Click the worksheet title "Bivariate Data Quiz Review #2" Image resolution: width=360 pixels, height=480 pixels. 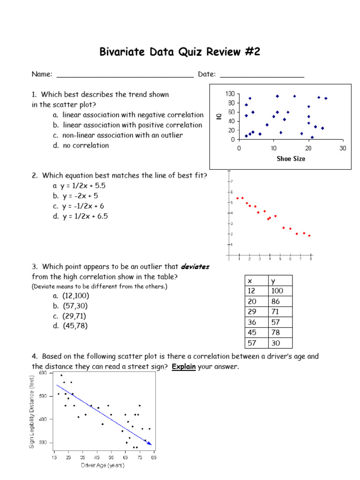[x=180, y=52]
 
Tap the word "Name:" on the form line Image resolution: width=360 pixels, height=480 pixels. [x=42, y=74]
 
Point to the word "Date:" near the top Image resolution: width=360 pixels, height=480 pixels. [x=207, y=74]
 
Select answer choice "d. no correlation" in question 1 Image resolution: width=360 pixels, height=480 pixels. [x=81, y=145]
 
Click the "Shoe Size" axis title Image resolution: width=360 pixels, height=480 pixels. [x=291, y=159]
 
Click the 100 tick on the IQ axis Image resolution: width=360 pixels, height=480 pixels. [x=230, y=94]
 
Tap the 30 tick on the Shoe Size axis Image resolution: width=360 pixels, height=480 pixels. [x=343, y=148]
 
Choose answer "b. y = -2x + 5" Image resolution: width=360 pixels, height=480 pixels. [x=75, y=196]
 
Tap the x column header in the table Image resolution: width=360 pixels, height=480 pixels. [x=250, y=281]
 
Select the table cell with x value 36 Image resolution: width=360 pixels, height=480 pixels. [x=252, y=322]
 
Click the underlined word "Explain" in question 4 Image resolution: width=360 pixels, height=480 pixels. [x=183, y=367]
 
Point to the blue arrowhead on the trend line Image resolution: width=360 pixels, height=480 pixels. [x=150, y=443]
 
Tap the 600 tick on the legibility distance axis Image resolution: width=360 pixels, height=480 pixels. [x=43, y=373]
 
